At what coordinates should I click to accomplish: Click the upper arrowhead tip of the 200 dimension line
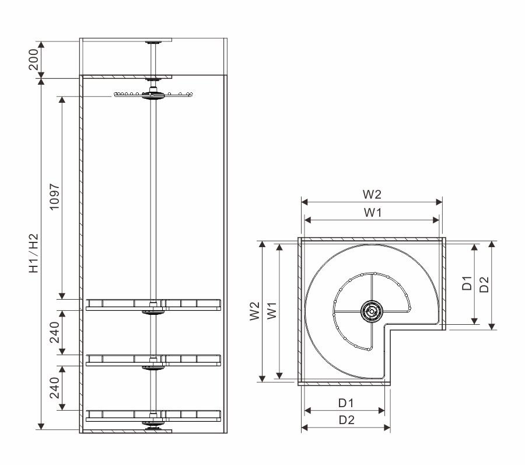[41, 41]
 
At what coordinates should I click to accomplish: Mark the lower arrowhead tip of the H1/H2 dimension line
[41, 429]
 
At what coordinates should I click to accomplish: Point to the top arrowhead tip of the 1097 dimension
[62, 96]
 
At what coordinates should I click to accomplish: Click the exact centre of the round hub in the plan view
[372, 311]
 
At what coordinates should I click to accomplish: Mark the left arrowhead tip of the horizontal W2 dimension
[302, 202]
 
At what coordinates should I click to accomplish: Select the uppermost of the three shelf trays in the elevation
[153, 305]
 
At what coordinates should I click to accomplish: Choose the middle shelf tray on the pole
[153, 360]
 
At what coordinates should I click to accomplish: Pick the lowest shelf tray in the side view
[153, 416]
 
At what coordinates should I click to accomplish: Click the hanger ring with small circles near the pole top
[153, 95]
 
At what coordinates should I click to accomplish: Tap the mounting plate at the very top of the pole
[153, 43]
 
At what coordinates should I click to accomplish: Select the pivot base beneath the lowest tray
[153, 425]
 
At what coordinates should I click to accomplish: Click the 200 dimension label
[33, 60]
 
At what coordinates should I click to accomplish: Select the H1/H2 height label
[33, 254]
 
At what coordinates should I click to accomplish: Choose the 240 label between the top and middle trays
[54, 332]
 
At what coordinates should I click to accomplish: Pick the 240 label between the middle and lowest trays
[54, 388]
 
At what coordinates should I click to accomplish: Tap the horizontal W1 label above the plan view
[373, 212]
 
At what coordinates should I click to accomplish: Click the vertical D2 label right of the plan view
[484, 284]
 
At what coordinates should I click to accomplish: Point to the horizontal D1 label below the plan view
[346, 403]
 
